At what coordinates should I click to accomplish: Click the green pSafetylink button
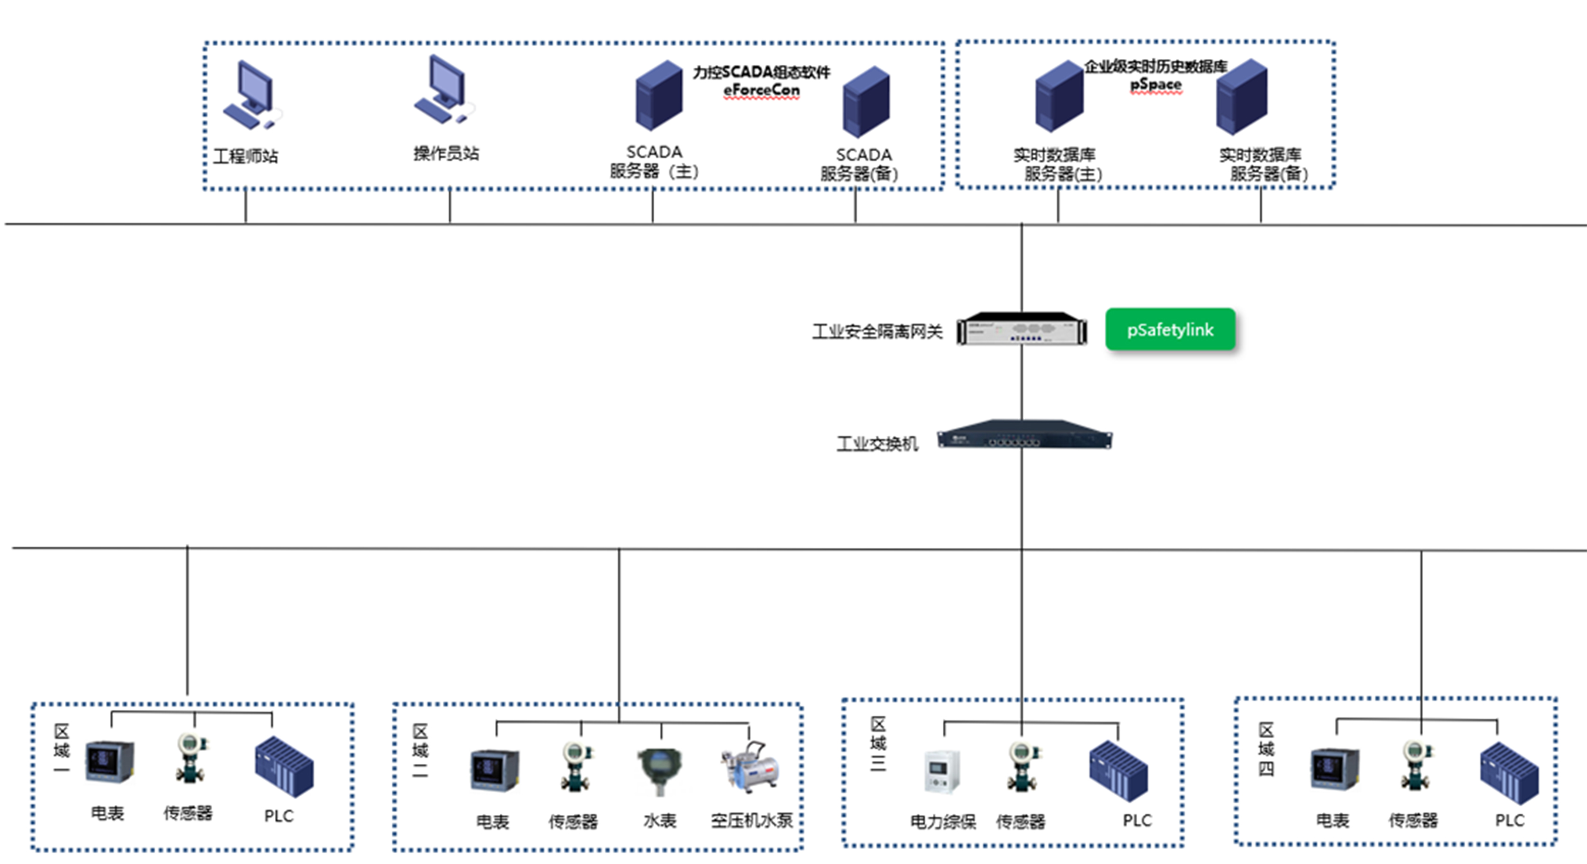pyautogui.click(x=1170, y=330)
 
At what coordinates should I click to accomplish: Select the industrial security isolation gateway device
pyautogui.click(x=1022, y=329)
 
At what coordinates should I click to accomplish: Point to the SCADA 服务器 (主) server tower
pyautogui.click(x=659, y=96)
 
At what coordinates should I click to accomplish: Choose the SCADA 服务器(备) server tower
pyautogui.click(x=866, y=102)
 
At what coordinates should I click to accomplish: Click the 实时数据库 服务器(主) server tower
pyautogui.click(x=1058, y=97)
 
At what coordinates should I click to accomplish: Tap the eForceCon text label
pyautogui.click(x=762, y=90)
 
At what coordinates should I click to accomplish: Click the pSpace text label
pyautogui.click(x=1156, y=84)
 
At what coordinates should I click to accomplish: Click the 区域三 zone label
pyautogui.click(x=878, y=743)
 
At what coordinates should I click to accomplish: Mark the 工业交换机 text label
pyautogui.click(x=877, y=444)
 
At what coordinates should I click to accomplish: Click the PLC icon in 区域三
pyautogui.click(x=1118, y=770)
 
